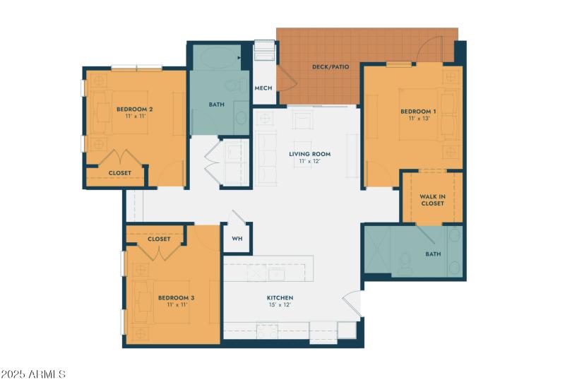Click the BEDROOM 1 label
(x=418, y=112)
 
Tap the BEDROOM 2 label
(x=135, y=109)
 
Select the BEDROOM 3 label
(x=176, y=297)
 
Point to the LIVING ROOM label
(x=309, y=154)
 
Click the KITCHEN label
(x=280, y=297)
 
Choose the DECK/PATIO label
(x=330, y=68)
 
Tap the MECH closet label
(x=263, y=88)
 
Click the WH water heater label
(x=237, y=239)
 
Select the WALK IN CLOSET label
(x=432, y=200)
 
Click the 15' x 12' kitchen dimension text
(x=280, y=305)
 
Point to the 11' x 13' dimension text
(x=418, y=119)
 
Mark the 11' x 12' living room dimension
(x=309, y=162)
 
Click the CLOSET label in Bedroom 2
(x=119, y=172)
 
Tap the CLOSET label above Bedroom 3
(x=159, y=239)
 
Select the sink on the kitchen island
(x=276, y=273)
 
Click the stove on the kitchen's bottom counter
(x=267, y=329)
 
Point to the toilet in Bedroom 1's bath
(x=404, y=263)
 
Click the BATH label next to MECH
(x=216, y=105)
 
